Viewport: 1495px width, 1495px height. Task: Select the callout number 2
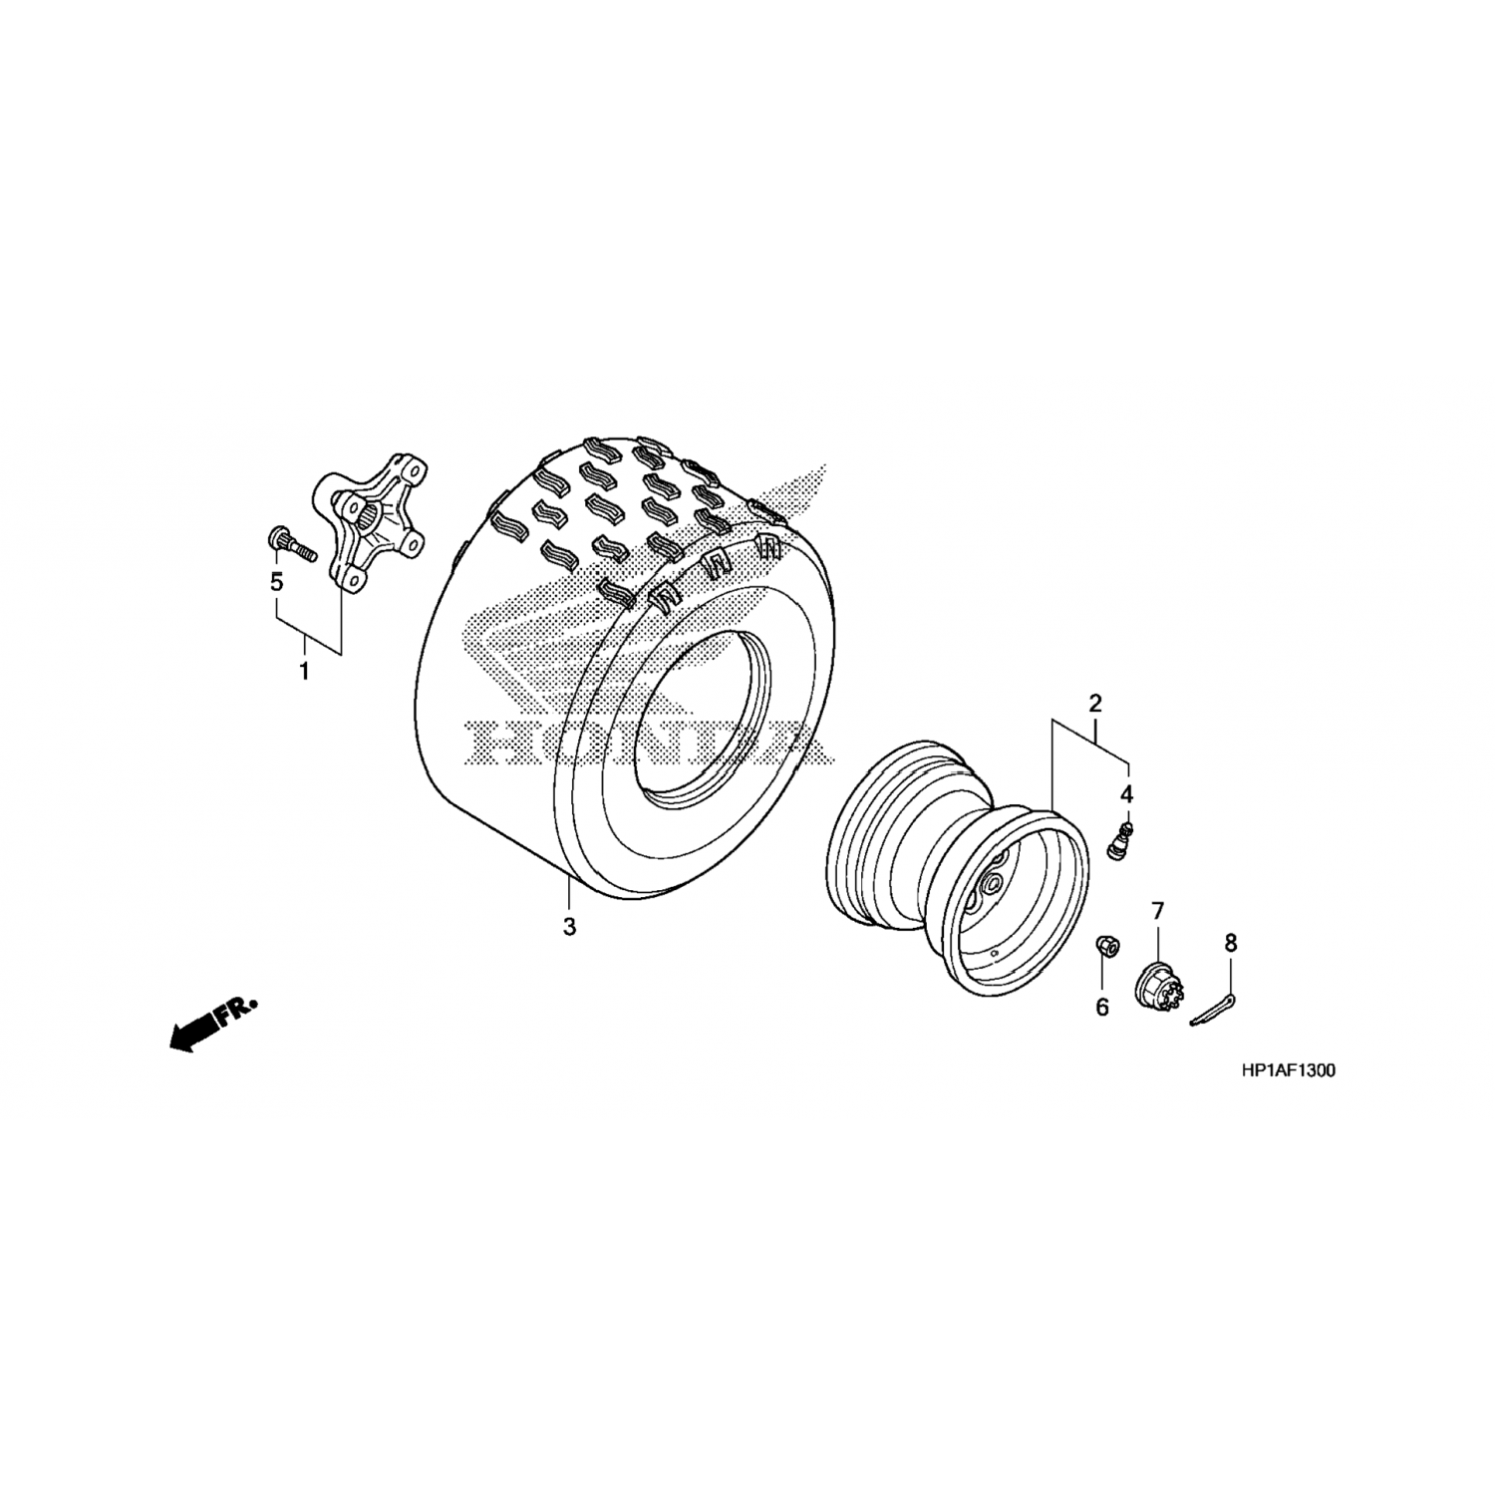pos(1094,703)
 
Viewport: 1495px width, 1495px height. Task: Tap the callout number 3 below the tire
pos(569,926)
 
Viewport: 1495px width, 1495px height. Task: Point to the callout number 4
pos(1127,794)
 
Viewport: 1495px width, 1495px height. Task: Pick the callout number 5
pos(276,581)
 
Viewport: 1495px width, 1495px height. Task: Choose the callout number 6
pos(1102,1008)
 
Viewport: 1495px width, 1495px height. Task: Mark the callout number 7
pos(1157,910)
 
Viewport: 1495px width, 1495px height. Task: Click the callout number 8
pos(1231,942)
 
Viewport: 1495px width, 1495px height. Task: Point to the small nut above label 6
pos(1105,944)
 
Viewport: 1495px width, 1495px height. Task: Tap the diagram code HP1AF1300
pos(1289,1071)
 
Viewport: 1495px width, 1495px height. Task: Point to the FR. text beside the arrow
pos(239,1008)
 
